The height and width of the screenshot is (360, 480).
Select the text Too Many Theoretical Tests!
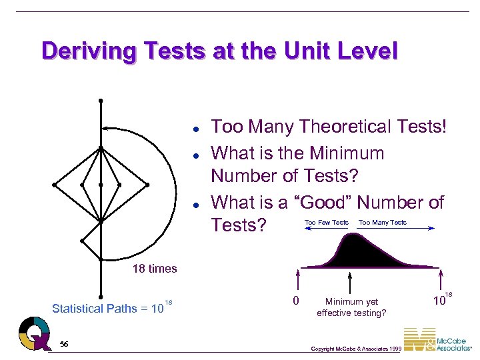[328, 127]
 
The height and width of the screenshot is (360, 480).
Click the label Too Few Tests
[326, 222]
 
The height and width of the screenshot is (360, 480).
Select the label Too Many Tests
[383, 222]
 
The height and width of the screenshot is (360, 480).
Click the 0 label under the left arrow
[297, 301]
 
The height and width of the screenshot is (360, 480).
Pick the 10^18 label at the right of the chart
[442, 299]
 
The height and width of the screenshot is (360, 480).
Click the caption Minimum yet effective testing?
[351, 307]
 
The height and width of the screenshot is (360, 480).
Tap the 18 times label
[155, 269]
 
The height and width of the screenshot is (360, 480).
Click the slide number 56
[64, 343]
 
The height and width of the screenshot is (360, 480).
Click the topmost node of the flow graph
[100, 101]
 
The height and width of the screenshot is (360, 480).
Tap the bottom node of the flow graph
[100, 297]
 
